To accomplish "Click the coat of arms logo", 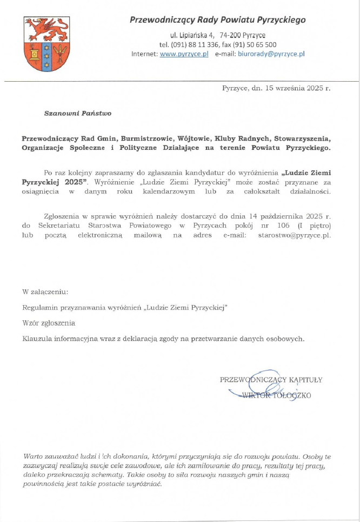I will coord(46,44).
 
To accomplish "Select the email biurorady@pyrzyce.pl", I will coord(272,54).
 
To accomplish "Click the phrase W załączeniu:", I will coord(45,292).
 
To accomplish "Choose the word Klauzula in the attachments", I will coord(39,339).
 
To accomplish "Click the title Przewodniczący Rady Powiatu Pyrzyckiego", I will coord(217,20).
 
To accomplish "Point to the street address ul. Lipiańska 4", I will coord(192,35).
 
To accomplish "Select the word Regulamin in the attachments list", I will coord(41,307).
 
